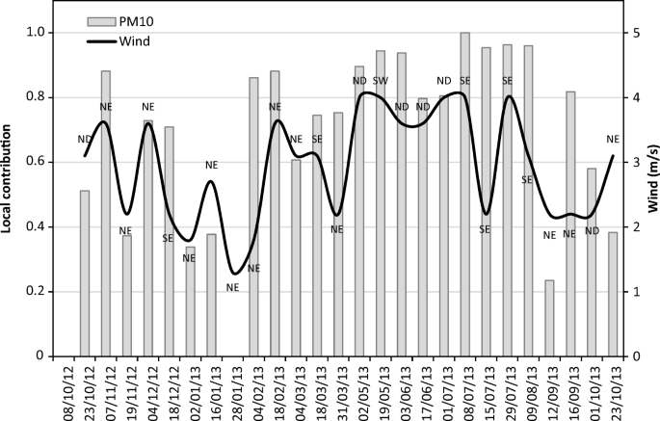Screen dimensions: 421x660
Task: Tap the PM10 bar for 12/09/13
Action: [549, 318]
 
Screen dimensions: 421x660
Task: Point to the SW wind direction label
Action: [381, 80]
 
